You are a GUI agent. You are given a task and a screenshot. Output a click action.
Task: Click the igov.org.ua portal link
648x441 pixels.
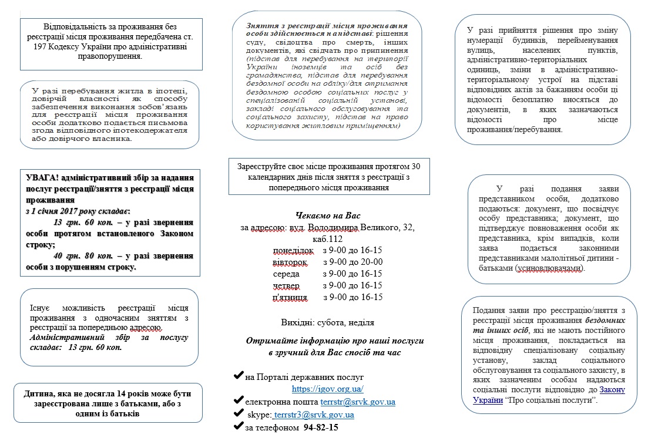point(328,389)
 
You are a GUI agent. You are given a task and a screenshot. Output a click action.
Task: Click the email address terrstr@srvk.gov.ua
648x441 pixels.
point(357,402)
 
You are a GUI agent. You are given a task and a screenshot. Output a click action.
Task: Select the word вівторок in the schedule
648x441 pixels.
point(290,262)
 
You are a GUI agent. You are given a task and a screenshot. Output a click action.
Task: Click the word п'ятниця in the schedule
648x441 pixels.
point(290,297)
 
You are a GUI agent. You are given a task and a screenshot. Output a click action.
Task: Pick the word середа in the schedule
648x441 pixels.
point(286,274)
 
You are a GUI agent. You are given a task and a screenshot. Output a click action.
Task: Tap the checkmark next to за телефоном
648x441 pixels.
point(239,427)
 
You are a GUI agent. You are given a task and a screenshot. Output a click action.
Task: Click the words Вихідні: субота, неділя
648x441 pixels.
point(328,322)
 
